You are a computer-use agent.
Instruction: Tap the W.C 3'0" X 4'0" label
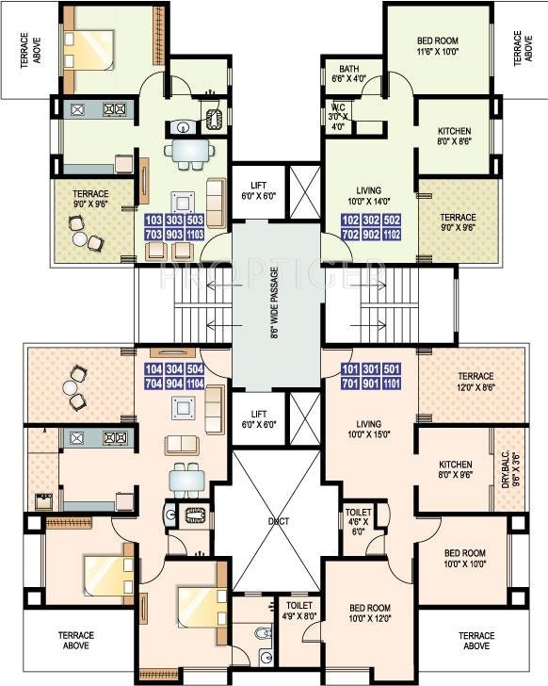point(338,116)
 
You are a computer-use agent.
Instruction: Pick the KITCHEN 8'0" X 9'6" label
point(455,470)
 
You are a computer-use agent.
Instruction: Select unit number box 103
point(152,220)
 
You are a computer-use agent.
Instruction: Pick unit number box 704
point(153,384)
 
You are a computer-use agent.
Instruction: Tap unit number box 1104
point(195,384)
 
